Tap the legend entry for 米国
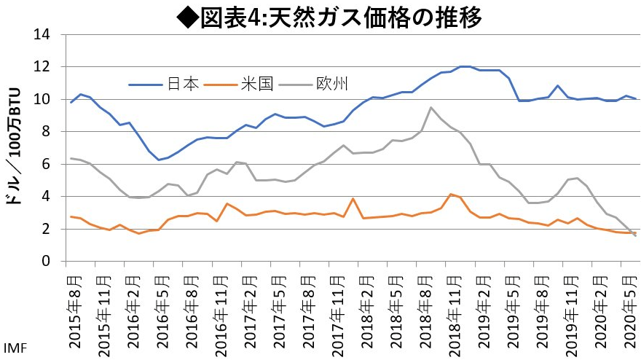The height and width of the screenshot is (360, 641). coord(258,84)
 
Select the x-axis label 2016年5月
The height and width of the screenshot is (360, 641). coord(160,306)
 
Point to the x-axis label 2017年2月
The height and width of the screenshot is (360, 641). coord(248,306)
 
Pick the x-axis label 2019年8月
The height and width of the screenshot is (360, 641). coord(540,306)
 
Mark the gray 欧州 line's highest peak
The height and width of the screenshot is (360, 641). coord(430,108)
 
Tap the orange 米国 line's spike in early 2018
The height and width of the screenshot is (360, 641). coord(353,198)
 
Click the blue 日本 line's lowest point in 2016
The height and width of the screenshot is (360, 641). coord(159,160)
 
